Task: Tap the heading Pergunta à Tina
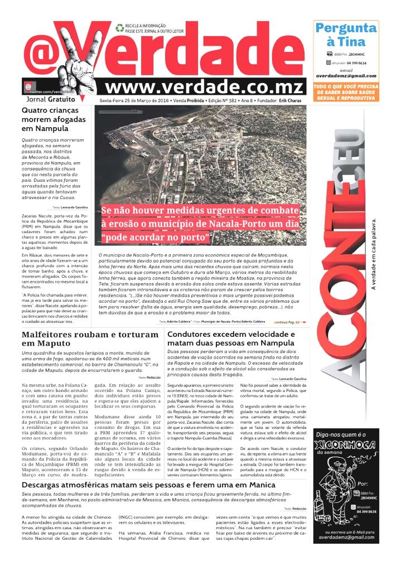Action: pos(346,35)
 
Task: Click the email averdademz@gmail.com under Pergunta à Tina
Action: pos(346,76)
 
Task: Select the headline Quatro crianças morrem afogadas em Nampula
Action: pos(54,119)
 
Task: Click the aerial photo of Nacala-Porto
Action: pos(201,156)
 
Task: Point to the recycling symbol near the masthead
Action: pos(119,27)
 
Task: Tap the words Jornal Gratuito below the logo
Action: pos(50,99)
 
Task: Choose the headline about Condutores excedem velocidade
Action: pos(231,338)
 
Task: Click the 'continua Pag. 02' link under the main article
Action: pos(290,322)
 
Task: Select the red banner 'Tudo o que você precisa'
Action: pos(346,91)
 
